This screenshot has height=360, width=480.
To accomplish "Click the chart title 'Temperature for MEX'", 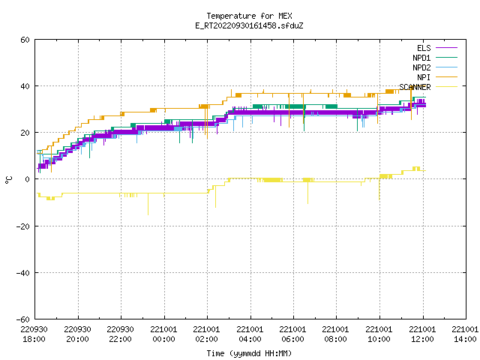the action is (249, 16).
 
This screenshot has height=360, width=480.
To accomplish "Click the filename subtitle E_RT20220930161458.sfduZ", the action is (249, 25).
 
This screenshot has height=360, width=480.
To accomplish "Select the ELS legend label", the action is (424, 48).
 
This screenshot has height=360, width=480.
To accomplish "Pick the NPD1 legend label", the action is (421, 58).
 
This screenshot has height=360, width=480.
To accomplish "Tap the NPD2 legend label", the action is (421, 67).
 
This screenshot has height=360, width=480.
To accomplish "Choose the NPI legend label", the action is (424, 77).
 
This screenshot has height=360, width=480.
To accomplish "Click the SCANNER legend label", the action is (415, 87).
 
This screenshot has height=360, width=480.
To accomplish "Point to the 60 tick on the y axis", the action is (25, 40).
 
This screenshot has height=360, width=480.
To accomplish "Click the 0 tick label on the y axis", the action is (27, 179).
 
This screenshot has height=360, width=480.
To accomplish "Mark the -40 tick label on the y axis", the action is (23, 272).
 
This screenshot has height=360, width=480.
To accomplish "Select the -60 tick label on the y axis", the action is (23, 319).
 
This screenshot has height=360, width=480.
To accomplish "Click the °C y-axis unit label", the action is (8, 180).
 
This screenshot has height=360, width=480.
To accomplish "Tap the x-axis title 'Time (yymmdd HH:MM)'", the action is (249, 353).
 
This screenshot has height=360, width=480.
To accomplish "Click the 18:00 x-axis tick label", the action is (34, 339).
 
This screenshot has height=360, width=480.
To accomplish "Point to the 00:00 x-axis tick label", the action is (163, 339).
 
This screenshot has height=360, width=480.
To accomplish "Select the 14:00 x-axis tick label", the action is (465, 339).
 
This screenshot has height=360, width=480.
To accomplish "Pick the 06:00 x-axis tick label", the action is (293, 339).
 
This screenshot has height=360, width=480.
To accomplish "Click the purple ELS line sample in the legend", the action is (447, 48).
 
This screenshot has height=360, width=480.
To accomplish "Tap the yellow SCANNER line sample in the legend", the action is (447, 87).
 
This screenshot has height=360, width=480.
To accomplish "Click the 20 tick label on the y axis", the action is (25, 133).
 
